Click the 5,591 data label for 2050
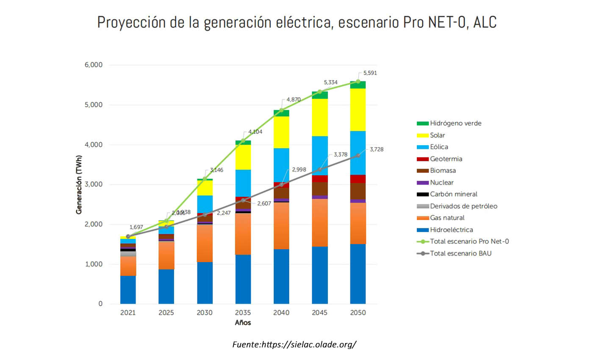pyautogui.click(x=370, y=73)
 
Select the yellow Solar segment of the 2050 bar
pyautogui.click(x=358, y=110)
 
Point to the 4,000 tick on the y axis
pyautogui.click(x=94, y=145)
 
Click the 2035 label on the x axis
pyautogui.click(x=243, y=313)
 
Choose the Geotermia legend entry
pyautogui.click(x=446, y=159)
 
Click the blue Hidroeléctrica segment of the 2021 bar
pyautogui.click(x=128, y=290)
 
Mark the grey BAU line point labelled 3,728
pyautogui.click(x=358, y=155)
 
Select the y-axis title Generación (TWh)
pyautogui.click(x=79, y=185)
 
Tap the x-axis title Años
pyautogui.click(x=243, y=323)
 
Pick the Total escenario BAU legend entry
pyautogui.click(x=460, y=254)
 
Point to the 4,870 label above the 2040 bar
pyautogui.click(x=293, y=100)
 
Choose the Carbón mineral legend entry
pyautogui.click(x=453, y=194)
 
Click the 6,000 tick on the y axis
pyautogui.click(x=94, y=65)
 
